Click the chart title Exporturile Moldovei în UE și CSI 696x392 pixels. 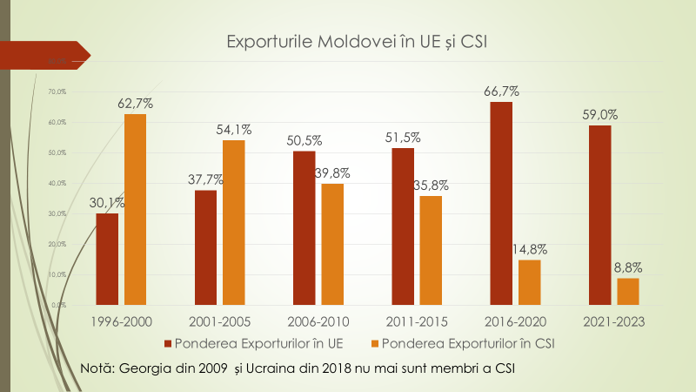pyautogui.click(x=356, y=42)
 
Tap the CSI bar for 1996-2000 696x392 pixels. pyautogui.click(x=135, y=209)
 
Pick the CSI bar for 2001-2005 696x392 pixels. pyautogui.click(x=234, y=222)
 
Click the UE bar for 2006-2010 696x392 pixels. pyautogui.click(x=304, y=227)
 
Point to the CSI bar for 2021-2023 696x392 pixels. pyautogui.click(x=628, y=291)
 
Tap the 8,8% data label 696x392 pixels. pyautogui.click(x=626, y=267)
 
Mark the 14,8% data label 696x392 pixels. pyautogui.click(x=530, y=249)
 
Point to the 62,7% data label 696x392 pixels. pyautogui.click(x=135, y=103)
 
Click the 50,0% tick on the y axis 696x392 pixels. pyautogui.click(x=58, y=152)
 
